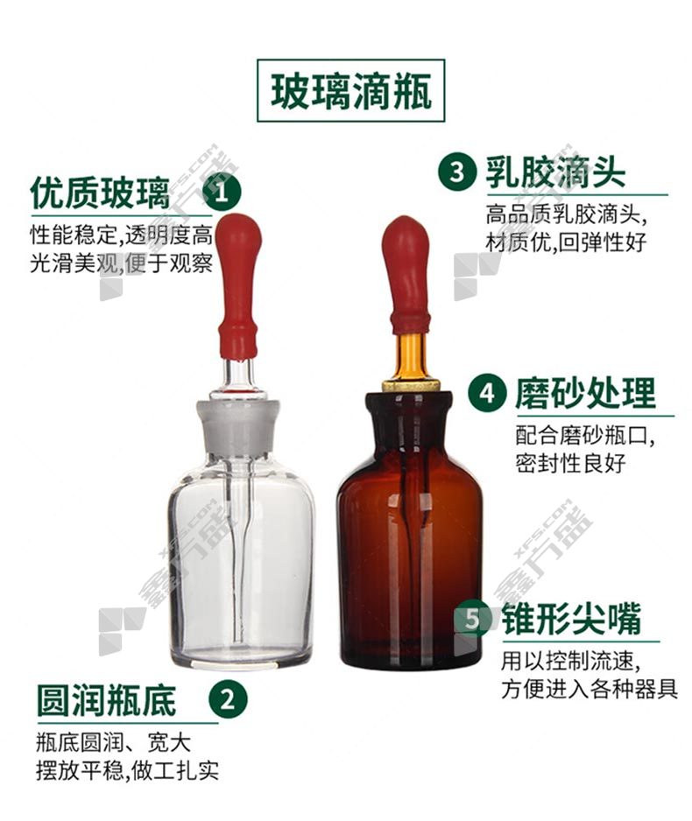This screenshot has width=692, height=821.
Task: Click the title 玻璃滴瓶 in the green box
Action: pos(351,91)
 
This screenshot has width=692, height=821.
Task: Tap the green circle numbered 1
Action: pos(222,192)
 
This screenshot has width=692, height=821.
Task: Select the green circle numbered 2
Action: pos(228,699)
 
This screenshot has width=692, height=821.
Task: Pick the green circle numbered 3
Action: pos(457,172)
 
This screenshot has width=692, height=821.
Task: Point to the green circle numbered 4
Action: pos(487,393)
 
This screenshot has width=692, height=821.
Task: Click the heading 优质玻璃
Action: pos(100,193)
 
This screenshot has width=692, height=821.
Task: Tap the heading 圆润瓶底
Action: pos(106,700)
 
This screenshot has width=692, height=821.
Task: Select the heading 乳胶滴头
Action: pos(555,172)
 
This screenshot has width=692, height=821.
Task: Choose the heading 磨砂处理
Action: pos(585,393)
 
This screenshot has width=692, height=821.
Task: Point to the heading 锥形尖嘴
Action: pos(571,619)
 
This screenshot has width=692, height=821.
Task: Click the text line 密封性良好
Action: pos(570,463)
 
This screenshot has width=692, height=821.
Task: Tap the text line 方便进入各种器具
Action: pos(590,689)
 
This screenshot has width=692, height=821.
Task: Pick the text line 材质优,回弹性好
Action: pos(566,242)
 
